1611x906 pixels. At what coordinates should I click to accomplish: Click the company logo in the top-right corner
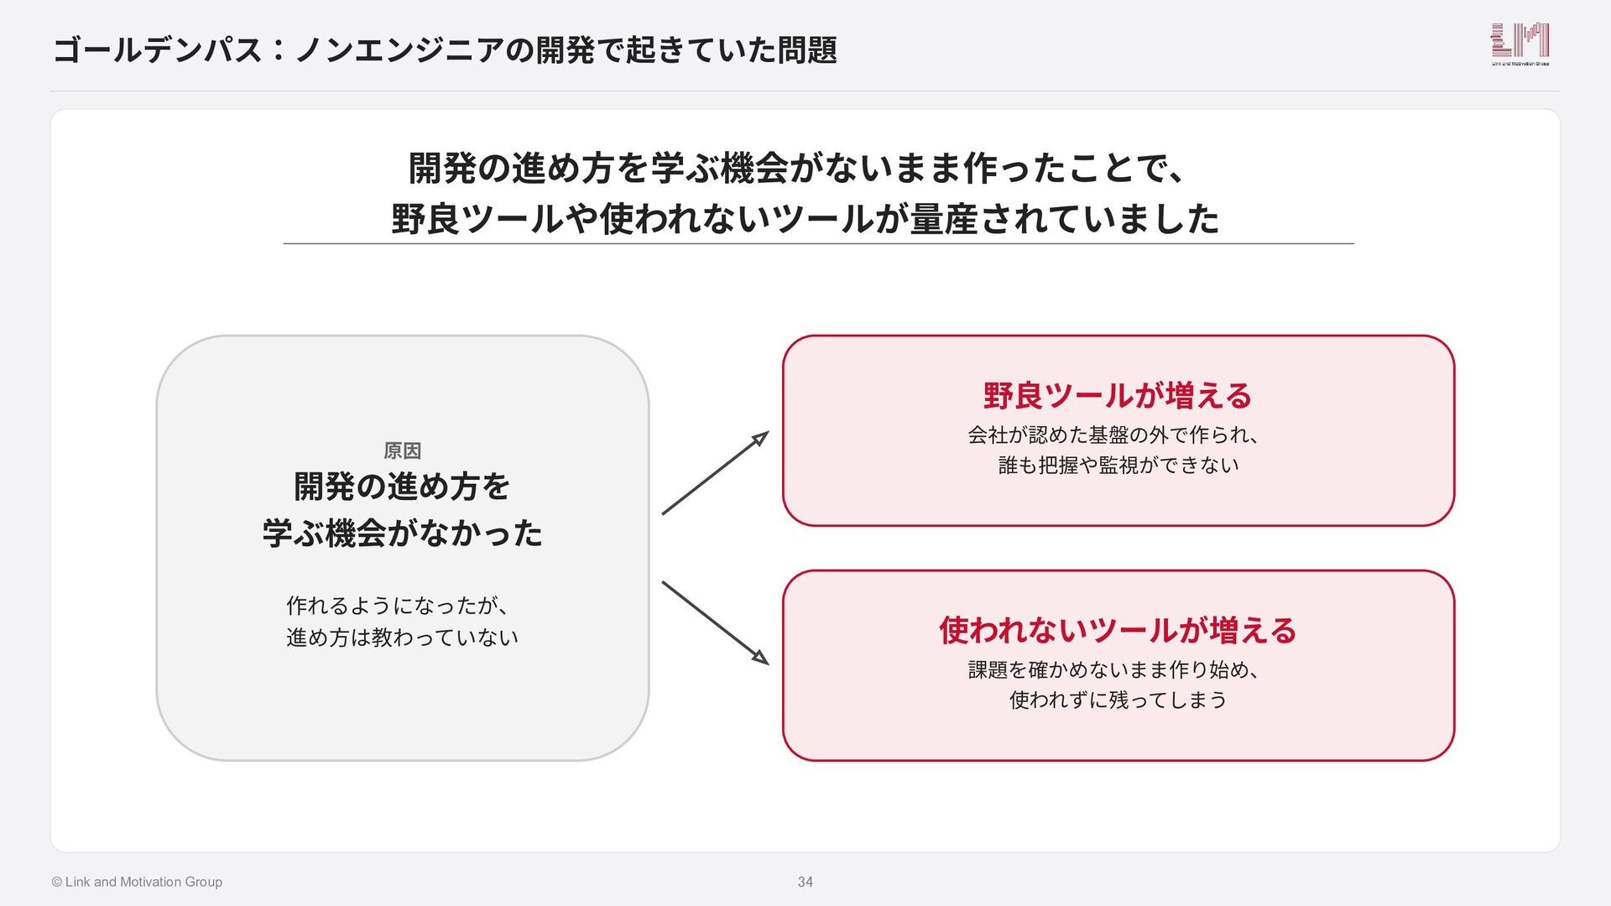tap(1520, 44)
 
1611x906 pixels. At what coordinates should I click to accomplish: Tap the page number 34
tap(805, 882)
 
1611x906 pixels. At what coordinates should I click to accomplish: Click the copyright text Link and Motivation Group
tap(137, 882)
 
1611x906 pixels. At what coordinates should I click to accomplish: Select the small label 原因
tap(402, 450)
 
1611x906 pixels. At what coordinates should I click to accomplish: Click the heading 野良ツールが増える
tap(1118, 395)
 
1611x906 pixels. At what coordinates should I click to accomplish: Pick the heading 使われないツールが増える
tap(1118, 630)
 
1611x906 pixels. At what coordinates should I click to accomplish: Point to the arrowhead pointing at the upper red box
tap(760, 438)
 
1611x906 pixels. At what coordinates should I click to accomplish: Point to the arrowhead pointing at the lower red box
tap(760, 657)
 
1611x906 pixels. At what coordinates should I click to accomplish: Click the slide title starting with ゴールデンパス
tap(445, 49)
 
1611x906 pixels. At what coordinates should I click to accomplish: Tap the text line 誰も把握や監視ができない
tap(1118, 465)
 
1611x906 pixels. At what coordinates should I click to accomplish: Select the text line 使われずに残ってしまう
tap(1118, 700)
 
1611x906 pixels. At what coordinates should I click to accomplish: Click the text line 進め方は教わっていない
tap(402, 638)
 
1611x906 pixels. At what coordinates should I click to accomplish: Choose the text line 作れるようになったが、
tap(397, 605)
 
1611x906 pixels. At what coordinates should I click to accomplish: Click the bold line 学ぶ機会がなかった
tap(402, 533)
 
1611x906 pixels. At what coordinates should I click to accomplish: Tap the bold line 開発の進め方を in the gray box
tap(402, 487)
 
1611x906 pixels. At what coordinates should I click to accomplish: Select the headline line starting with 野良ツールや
tap(805, 219)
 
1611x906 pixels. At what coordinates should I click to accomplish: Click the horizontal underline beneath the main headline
tap(819, 243)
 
